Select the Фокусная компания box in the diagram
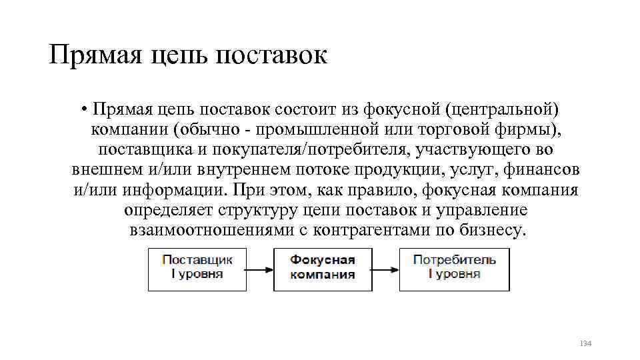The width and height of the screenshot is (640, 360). click(323, 269)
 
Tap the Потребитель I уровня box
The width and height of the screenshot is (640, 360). click(454, 269)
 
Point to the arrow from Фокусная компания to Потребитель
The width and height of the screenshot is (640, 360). click(386, 269)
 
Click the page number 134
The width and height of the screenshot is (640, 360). click(585, 343)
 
